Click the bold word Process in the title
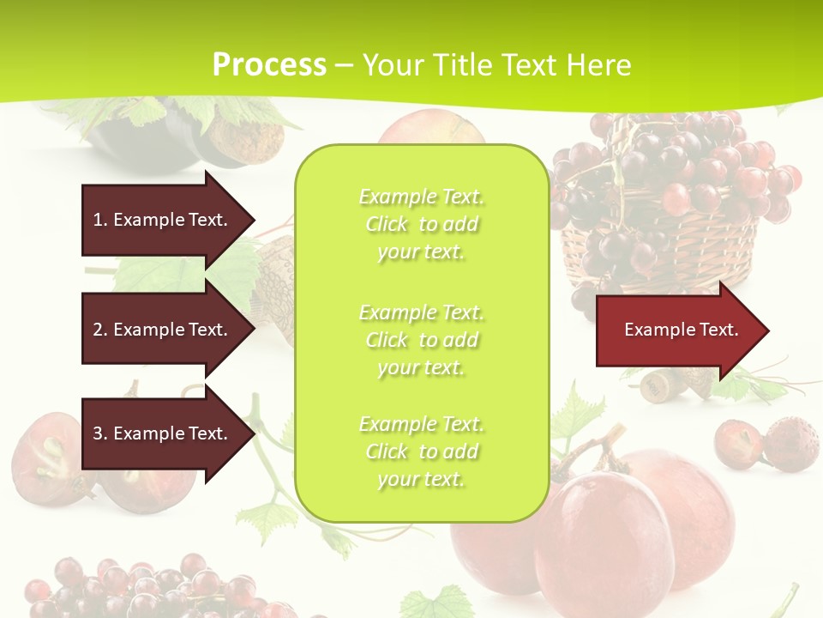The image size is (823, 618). (269, 65)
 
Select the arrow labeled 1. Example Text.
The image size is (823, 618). (160, 220)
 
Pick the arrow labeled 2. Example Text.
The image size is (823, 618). (160, 330)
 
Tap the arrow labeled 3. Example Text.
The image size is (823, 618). (160, 433)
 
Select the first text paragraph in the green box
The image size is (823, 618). (421, 224)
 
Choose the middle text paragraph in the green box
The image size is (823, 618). (421, 340)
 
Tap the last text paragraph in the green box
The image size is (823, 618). (421, 451)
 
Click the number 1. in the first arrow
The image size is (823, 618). (100, 220)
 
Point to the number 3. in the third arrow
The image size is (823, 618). (100, 433)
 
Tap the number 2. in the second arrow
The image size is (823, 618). (100, 330)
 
